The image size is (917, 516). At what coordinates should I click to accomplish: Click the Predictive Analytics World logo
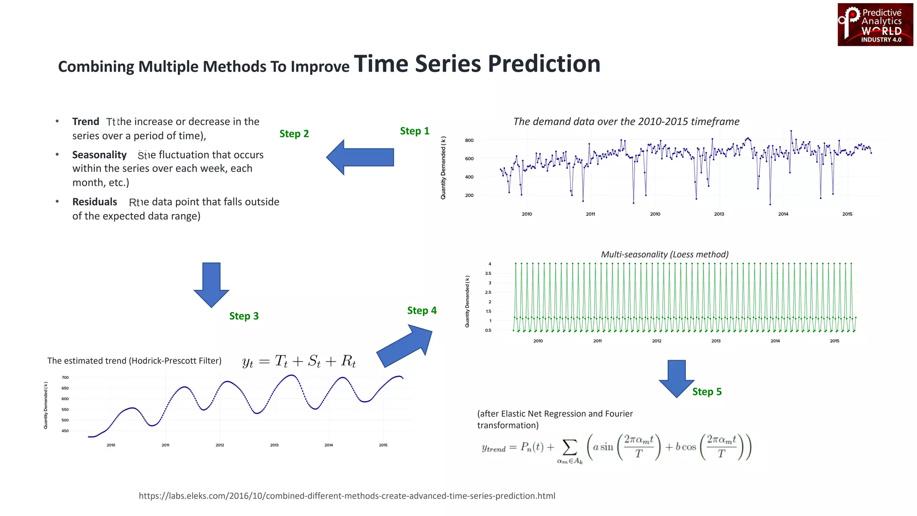(875, 25)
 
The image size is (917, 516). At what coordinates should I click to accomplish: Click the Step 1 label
(414, 131)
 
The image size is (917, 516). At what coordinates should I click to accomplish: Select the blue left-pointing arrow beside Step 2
(360, 157)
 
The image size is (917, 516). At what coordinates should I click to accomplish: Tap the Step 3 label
(244, 316)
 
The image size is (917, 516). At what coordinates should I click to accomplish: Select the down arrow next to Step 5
(676, 378)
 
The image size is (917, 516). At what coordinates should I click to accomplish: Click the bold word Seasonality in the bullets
(99, 155)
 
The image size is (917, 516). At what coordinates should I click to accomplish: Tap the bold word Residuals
(94, 202)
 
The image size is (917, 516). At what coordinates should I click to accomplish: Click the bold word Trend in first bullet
(86, 122)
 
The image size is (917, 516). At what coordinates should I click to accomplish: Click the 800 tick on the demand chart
(469, 141)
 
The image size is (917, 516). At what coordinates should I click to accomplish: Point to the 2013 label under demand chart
(719, 214)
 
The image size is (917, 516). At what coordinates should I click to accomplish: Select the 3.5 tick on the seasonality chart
(488, 273)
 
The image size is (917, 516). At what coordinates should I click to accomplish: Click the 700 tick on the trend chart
(65, 378)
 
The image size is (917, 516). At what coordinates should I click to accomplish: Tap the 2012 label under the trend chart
(219, 445)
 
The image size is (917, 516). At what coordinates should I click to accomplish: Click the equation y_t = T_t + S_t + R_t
(299, 361)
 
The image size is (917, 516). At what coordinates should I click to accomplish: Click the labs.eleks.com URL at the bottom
(347, 496)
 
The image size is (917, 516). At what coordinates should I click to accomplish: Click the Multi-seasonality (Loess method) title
(664, 254)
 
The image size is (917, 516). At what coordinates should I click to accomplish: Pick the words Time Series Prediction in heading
(477, 64)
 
